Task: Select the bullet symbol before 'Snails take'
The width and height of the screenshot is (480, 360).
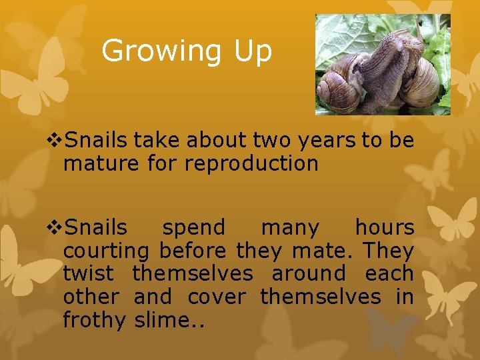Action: (55, 141)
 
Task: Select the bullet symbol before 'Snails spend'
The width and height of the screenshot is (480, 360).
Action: (55, 228)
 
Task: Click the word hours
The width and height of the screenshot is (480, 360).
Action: (384, 228)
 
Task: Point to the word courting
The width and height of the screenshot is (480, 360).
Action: (107, 251)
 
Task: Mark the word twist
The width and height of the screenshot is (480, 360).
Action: (90, 274)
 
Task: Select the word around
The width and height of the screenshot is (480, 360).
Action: (309, 274)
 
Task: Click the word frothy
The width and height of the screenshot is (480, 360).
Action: (94, 320)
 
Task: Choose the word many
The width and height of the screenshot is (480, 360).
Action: (290, 228)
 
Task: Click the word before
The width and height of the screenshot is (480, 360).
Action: (193, 251)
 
